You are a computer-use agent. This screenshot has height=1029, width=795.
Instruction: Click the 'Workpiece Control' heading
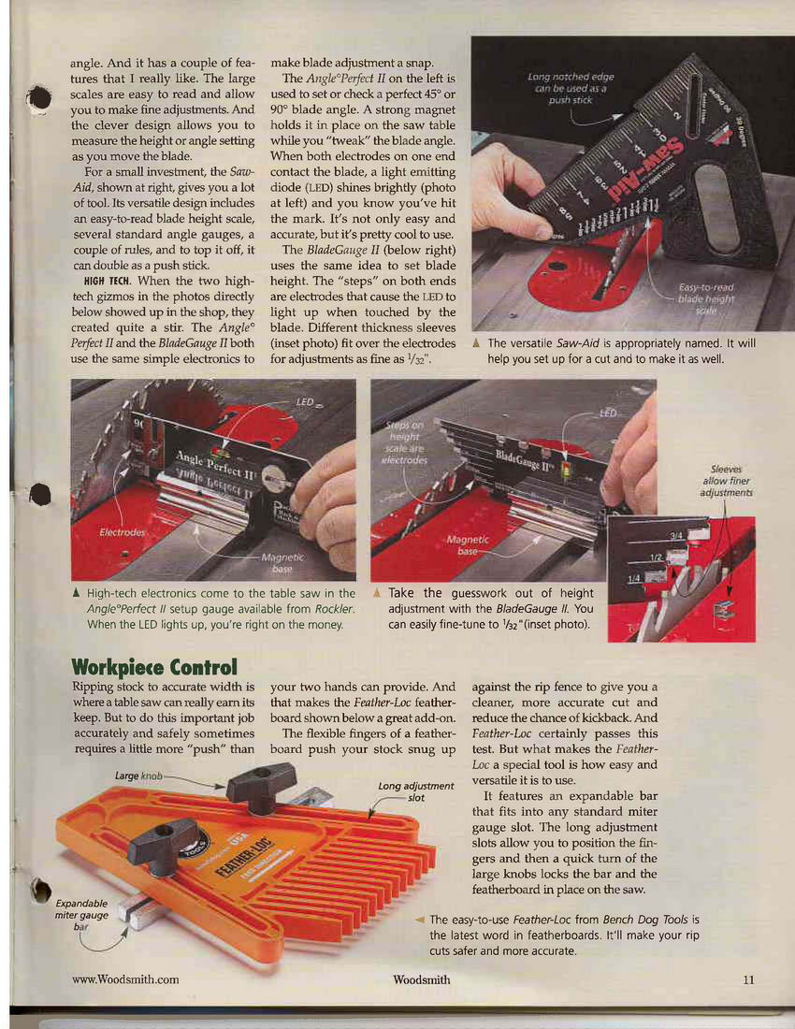(x=154, y=667)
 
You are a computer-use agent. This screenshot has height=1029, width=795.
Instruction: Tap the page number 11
(x=748, y=979)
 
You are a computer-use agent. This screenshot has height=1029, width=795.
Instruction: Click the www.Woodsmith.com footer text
(x=125, y=979)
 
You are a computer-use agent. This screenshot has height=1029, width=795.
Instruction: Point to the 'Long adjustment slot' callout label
(x=416, y=791)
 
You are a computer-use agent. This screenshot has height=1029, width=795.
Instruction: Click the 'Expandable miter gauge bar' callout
(x=81, y=915)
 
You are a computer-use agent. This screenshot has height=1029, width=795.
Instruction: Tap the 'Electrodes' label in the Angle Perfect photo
(x=122, y=531)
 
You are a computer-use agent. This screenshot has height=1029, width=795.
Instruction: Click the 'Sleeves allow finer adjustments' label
(x=726, y=481)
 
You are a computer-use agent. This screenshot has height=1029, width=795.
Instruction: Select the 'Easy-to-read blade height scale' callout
(x=706, y=298)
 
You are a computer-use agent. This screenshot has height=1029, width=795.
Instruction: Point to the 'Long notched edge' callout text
(x=571, y=88)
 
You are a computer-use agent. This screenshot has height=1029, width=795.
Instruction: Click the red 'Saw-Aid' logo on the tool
(x=646, y=168)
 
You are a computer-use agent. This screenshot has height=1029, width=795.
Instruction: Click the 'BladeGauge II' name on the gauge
(x=525, y=459)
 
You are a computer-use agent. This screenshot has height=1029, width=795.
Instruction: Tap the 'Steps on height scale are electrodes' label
(x=405, y=443)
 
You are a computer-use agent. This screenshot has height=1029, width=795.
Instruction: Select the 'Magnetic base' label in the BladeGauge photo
(x=468, y=544)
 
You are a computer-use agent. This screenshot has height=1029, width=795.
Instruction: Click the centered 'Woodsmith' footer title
(x=421, y=979)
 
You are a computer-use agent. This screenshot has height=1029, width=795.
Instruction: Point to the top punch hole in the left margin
(x=39, y=99)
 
